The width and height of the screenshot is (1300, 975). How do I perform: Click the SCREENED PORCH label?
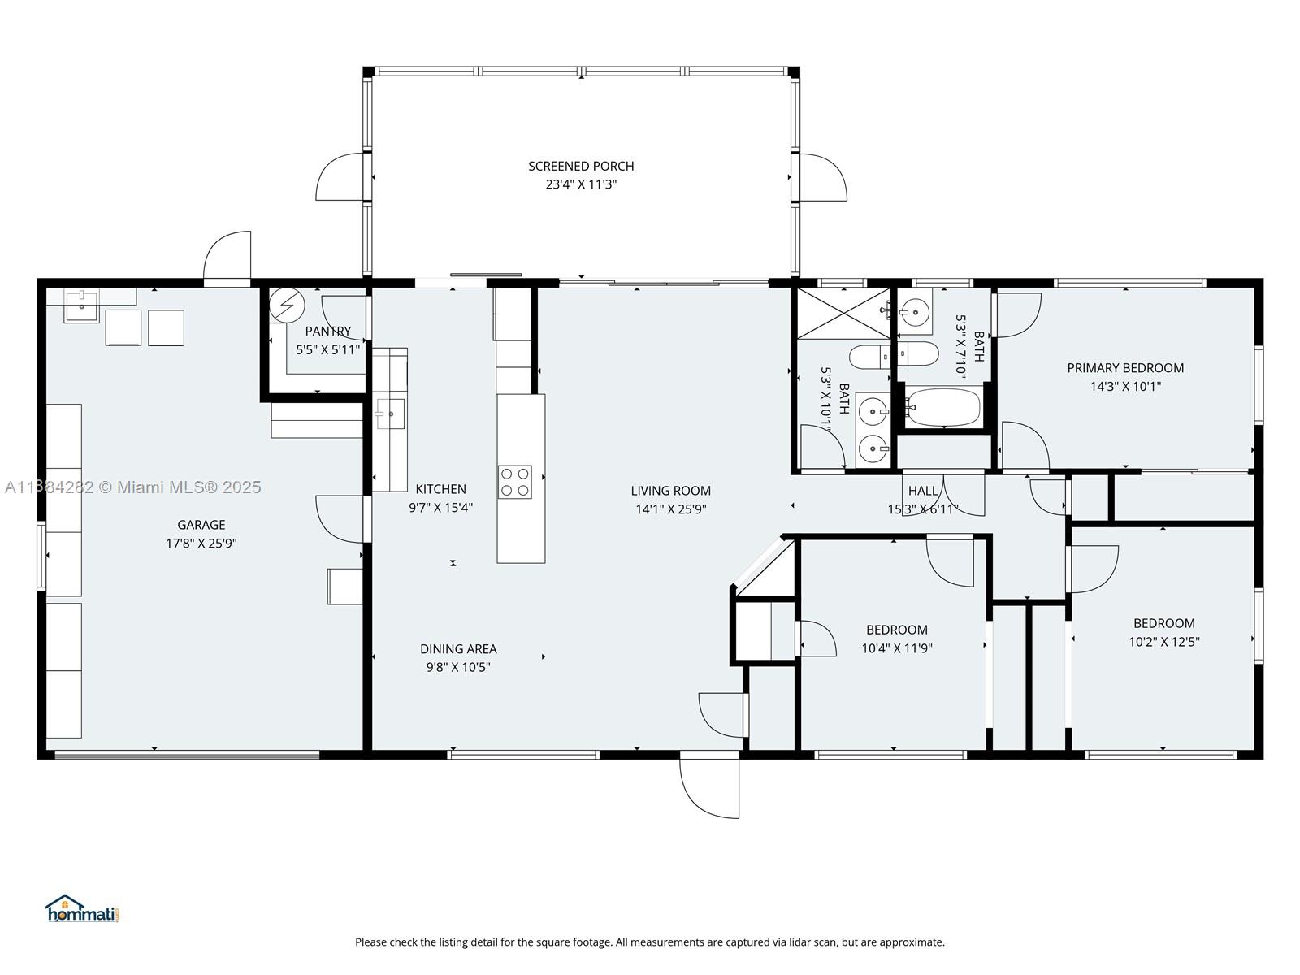pos(581,166)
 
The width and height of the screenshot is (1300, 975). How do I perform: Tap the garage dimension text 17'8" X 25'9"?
pos(201,544)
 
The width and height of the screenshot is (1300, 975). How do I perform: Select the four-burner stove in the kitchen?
pos(514,482)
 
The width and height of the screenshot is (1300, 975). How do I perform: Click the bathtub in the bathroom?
pos(943,406)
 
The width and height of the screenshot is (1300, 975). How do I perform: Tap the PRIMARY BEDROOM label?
pos(1125,368)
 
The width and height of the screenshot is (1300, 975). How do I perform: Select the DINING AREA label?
pos(458,649)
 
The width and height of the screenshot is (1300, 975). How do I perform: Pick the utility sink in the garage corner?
pos(82,307)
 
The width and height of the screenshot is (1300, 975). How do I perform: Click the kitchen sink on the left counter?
pos(390,414)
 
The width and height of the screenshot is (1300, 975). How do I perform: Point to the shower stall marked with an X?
pos(843,314)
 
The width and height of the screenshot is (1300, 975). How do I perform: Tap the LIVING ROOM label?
pos(670,491)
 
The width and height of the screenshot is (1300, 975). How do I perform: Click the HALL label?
pos(923,491)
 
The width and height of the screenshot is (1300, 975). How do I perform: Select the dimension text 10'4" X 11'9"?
pos(897,648)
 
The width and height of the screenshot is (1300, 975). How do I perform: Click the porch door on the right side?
pos(822,177)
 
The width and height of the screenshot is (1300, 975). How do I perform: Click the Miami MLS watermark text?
pos(133,487)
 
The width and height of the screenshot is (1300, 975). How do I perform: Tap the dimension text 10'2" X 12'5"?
pos(1163,642)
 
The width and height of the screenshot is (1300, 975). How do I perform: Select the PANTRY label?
pos(328,331)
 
